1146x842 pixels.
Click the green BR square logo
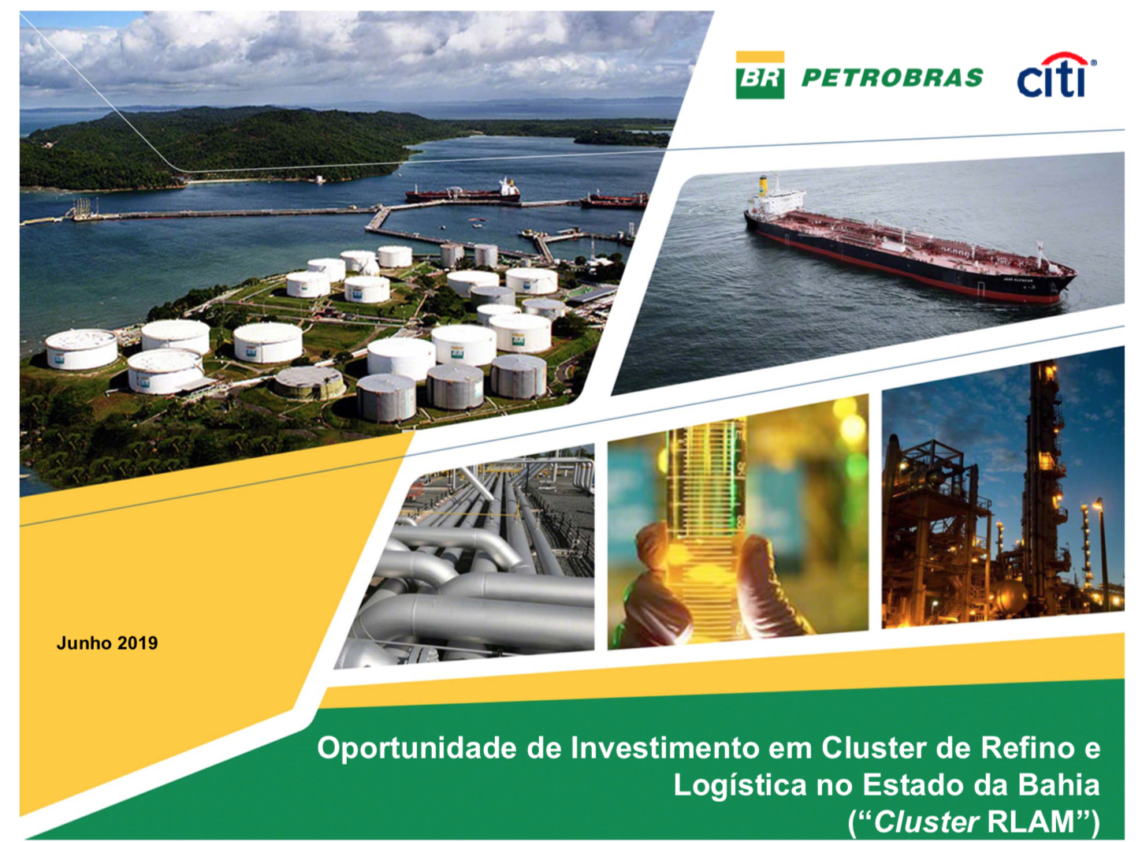760,81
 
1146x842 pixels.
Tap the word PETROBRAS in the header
892,78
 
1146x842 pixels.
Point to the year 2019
138,643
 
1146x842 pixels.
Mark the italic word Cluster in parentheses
926,822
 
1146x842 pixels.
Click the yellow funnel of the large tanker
764,185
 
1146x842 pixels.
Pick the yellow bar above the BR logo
760,57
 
